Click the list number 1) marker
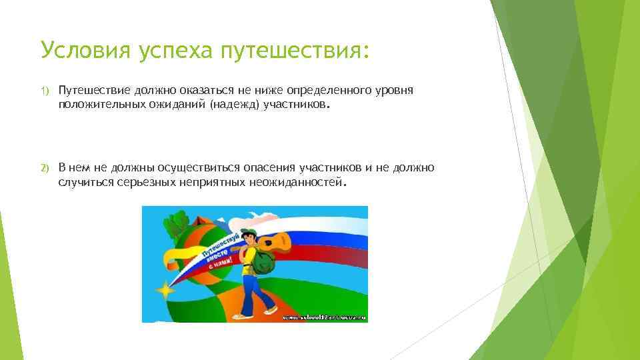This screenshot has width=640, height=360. click(45, 90)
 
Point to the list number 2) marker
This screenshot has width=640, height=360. click(45, 167)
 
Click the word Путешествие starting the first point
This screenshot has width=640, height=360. click(93, 90)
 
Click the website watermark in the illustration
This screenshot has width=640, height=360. click(324, 317)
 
